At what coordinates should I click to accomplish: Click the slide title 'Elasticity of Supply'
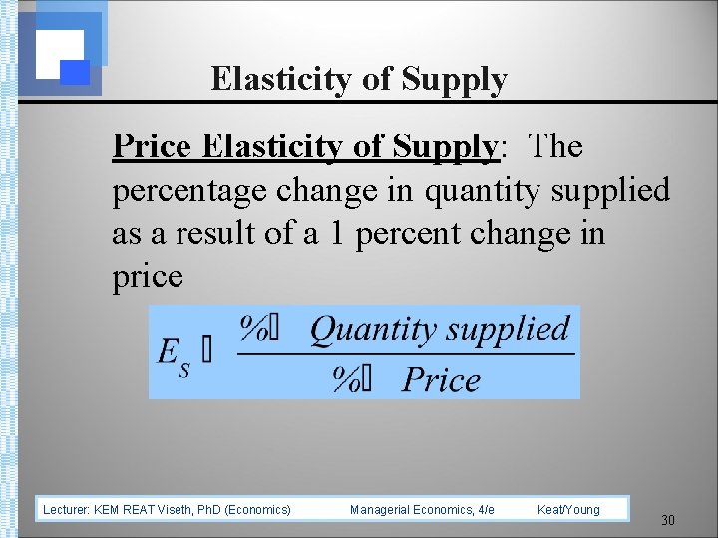[359, 79]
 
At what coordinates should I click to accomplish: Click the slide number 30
[668, 520]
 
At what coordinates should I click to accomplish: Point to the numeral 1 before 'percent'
[338, 234]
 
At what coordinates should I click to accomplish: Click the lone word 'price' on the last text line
[148, 276]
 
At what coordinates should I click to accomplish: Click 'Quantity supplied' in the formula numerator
[439, 329]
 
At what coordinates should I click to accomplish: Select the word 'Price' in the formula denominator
[441, 380]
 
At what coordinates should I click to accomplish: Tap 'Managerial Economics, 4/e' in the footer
[422, 510]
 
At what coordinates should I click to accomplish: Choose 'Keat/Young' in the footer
[568, 510]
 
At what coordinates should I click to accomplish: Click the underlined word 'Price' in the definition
[152, 147]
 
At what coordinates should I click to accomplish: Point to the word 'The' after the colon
[556, 147]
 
